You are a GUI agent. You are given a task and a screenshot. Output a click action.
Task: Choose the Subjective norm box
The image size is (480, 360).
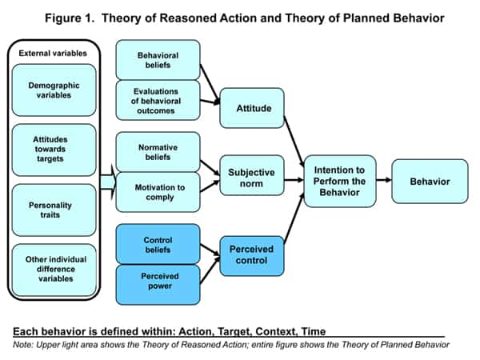point(252,178)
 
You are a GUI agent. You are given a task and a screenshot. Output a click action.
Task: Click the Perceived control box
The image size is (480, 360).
point(252,254)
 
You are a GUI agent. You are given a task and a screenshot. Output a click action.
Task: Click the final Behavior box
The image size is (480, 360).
point(430,181)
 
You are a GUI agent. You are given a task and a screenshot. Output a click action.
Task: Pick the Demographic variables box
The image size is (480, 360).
point(54,89)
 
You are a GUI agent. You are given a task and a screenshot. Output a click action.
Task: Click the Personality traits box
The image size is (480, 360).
point(54,210)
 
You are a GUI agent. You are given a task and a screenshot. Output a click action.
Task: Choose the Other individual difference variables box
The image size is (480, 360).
point(54,270)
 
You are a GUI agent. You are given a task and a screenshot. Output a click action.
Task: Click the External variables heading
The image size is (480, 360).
point(54,54)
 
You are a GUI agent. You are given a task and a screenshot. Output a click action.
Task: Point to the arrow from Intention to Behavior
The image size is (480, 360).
point(383,180)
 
